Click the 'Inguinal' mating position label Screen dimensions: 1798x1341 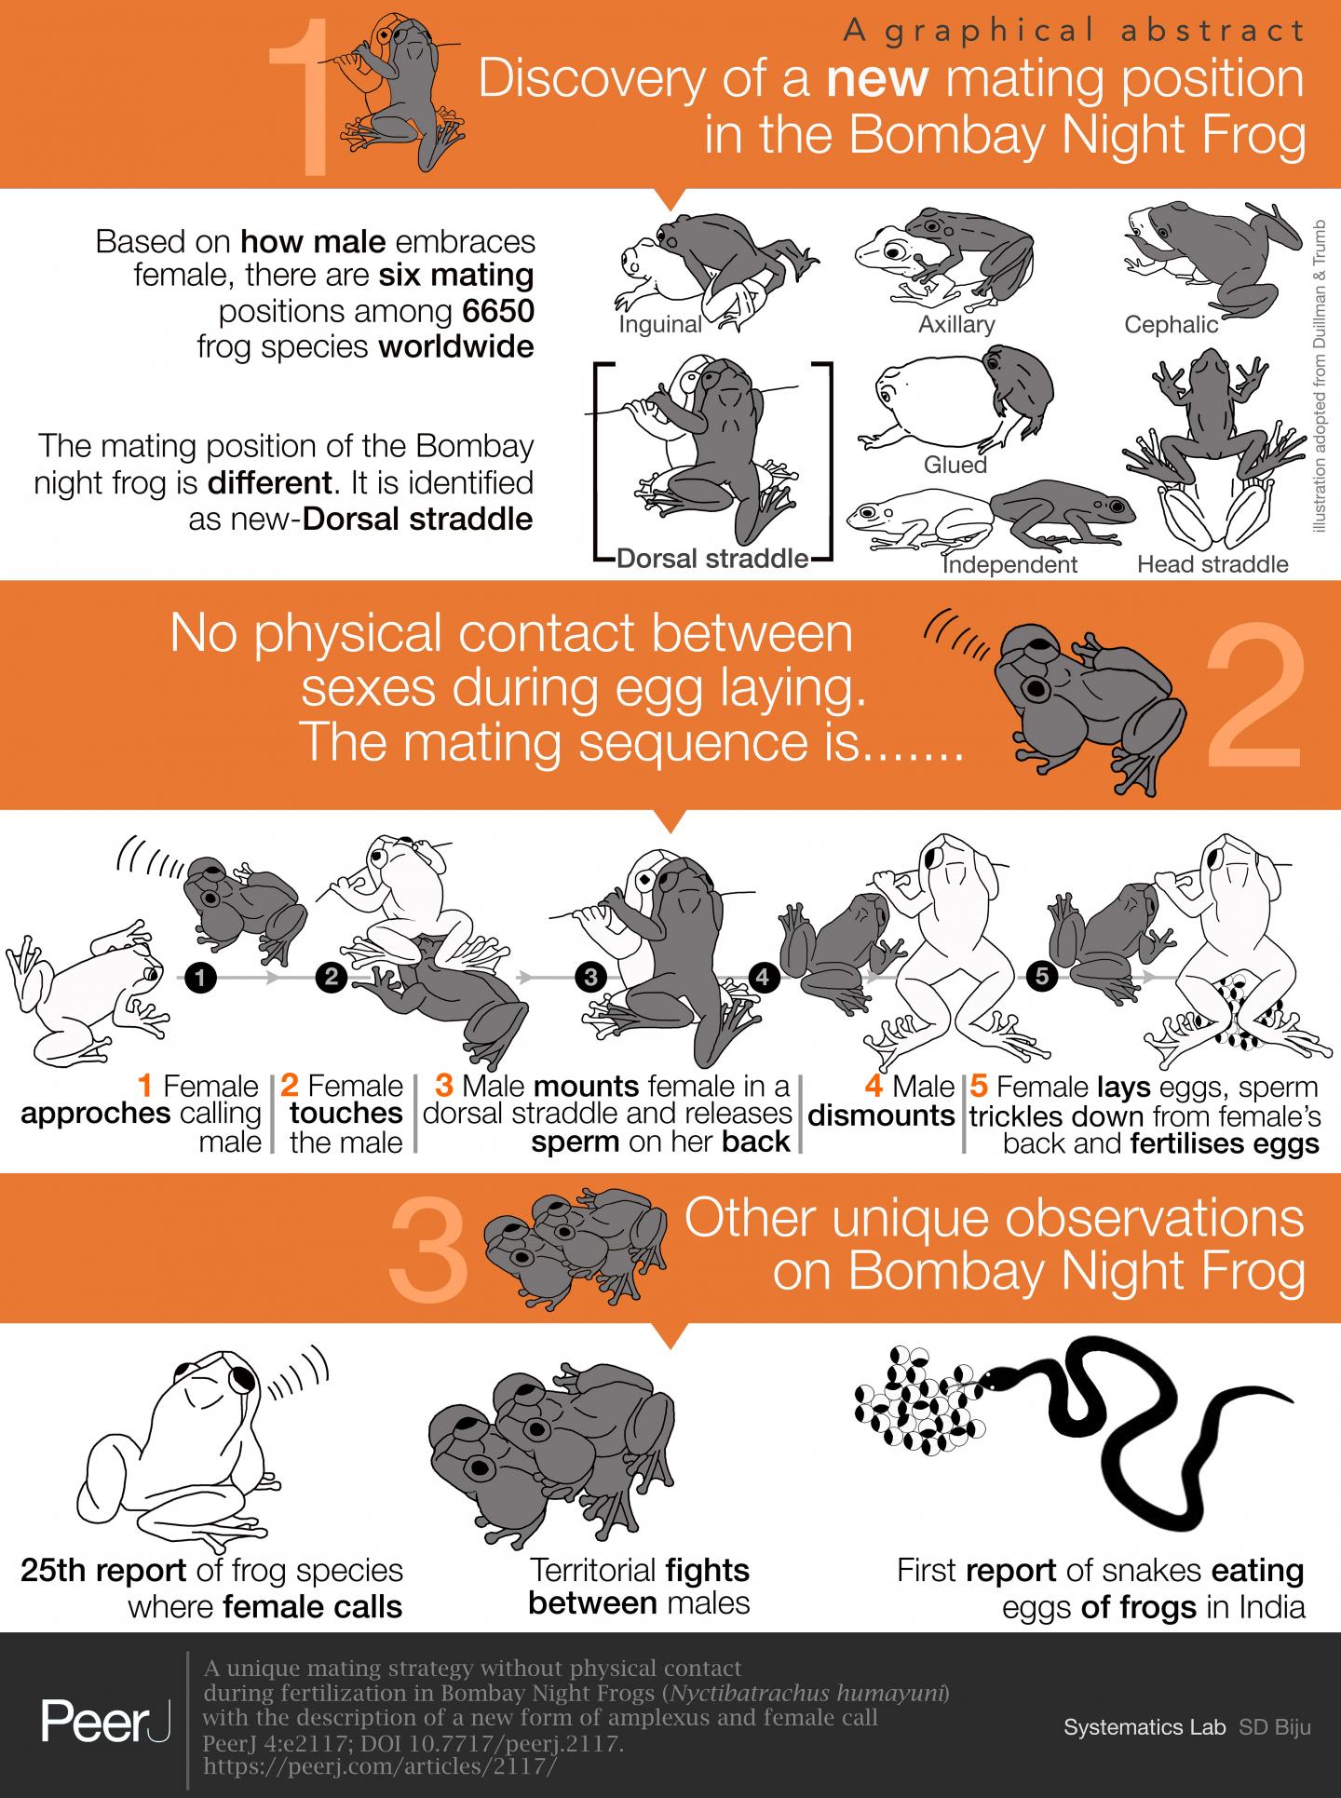[660, 324]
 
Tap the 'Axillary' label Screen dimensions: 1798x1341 [956, 324]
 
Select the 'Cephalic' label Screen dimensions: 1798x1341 [1172, 324]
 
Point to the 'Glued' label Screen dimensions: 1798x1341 [955, 464]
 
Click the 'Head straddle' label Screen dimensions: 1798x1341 [1212, 563]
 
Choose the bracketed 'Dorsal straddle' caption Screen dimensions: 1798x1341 [712, 559]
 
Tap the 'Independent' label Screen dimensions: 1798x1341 [1009, 564]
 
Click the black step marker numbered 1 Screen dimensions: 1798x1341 [200, 977]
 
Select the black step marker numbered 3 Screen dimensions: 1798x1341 [590, 977]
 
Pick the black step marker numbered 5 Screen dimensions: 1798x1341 [1041, 977]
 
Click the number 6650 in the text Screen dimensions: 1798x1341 [498, 311]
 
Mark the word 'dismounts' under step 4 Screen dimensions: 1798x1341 [881, 1115]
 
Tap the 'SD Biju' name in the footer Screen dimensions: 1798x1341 [1274, 1727]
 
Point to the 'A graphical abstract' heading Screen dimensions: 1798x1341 [1074, 32]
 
